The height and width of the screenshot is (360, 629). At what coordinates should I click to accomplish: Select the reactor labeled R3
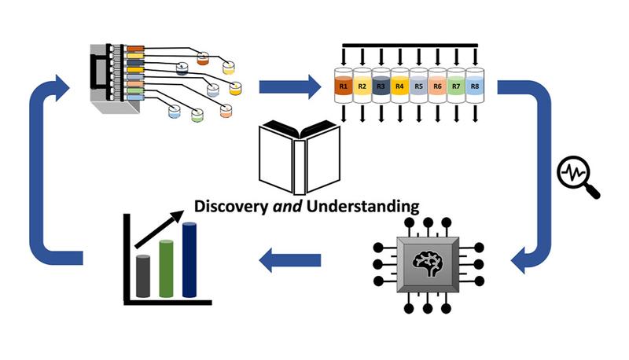coord(381,86)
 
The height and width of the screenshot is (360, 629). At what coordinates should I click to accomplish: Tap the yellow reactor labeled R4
coord(399,86)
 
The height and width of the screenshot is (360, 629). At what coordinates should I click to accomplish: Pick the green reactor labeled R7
coord(457,86)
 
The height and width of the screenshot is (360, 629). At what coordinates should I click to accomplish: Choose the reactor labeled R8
coord(476,86)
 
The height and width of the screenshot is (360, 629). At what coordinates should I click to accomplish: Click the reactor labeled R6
coord(438,86)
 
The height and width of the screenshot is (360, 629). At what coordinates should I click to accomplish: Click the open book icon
coord(300,158)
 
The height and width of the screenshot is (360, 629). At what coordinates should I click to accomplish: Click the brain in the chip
coord(427,264)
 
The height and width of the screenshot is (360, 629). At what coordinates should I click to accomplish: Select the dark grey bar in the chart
coord(143,276)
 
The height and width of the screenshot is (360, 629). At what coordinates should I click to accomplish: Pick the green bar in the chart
coord(166,268)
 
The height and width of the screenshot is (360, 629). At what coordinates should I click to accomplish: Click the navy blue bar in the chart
coord(189,259)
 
